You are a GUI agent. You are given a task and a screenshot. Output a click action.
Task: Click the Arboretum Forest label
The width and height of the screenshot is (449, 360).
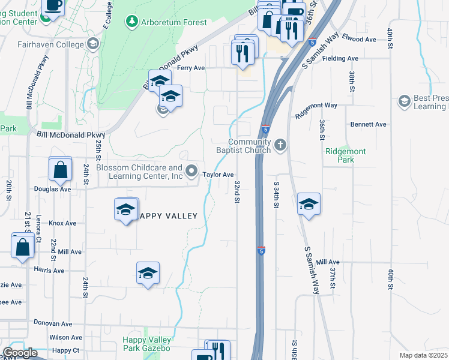coord(174,23)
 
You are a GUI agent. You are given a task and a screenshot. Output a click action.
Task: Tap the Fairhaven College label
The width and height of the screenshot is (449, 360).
coord(50,44)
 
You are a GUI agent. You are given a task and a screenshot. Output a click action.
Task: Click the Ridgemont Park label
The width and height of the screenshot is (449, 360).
coord(345,156)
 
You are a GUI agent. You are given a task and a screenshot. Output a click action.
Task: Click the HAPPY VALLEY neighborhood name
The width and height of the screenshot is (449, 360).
coord(167,216)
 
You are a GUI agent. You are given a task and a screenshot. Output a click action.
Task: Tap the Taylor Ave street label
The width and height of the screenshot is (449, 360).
coord(218,175)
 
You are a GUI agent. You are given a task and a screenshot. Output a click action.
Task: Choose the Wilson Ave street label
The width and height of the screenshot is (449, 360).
coord(66,338)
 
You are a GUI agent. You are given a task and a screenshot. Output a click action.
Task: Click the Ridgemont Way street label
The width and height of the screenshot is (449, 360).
coord(316,106)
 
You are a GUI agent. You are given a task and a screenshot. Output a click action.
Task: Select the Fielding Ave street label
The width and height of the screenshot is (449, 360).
coord(340,59)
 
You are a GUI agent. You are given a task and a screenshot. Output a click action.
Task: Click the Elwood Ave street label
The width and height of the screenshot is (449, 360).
coord(359,40)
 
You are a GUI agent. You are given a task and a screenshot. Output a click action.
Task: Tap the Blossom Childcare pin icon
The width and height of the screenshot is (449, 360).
coord(191,172)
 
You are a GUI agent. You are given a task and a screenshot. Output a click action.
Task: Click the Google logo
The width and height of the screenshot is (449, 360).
coord(20,353)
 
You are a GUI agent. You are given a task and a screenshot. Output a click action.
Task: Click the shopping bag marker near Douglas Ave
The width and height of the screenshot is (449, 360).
coord(61,170)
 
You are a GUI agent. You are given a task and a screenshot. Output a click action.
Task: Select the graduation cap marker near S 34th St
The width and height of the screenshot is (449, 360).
coord(309,205)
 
